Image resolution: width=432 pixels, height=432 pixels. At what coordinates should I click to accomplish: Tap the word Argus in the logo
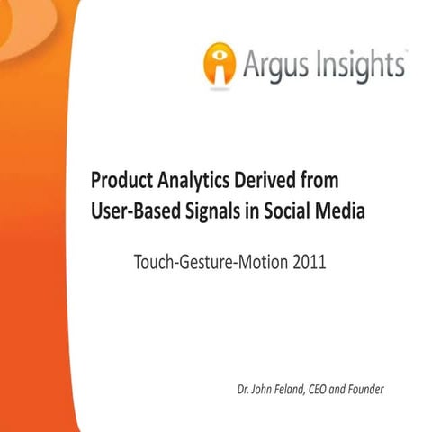(273, 65)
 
